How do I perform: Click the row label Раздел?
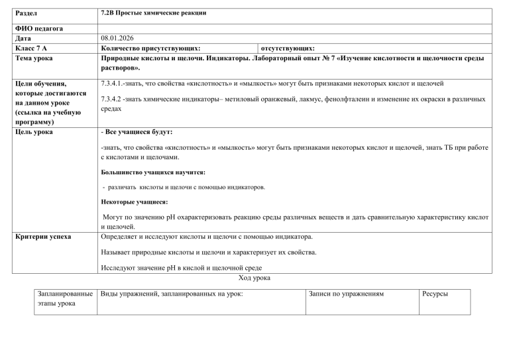coord(24,13)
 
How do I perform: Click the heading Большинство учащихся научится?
coord(144,172)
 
